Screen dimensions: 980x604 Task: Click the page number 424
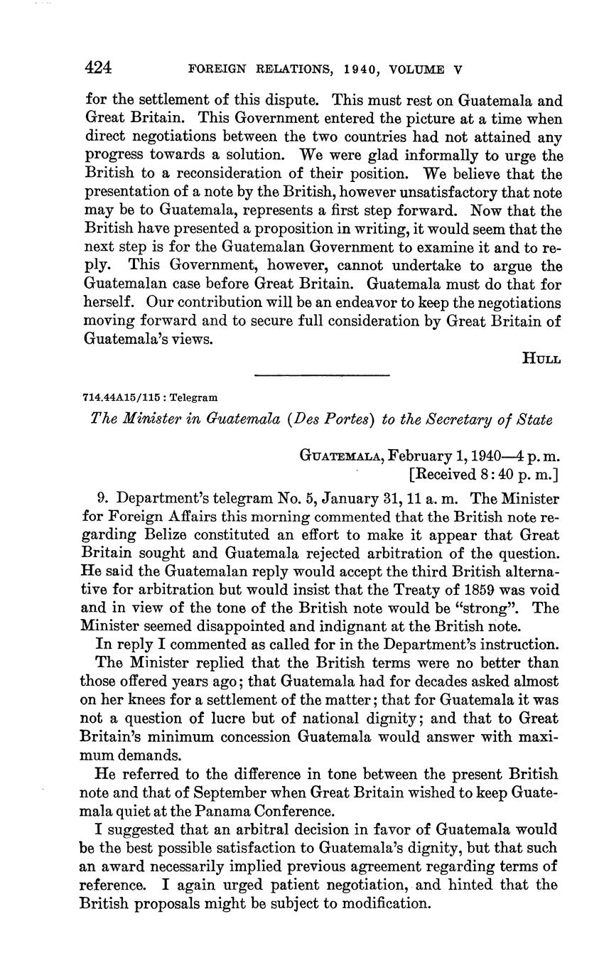click(x=99, y=68)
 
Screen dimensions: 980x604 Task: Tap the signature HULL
click(x=542, y=358)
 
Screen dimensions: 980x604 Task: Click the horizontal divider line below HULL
click(x=323, y=375)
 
